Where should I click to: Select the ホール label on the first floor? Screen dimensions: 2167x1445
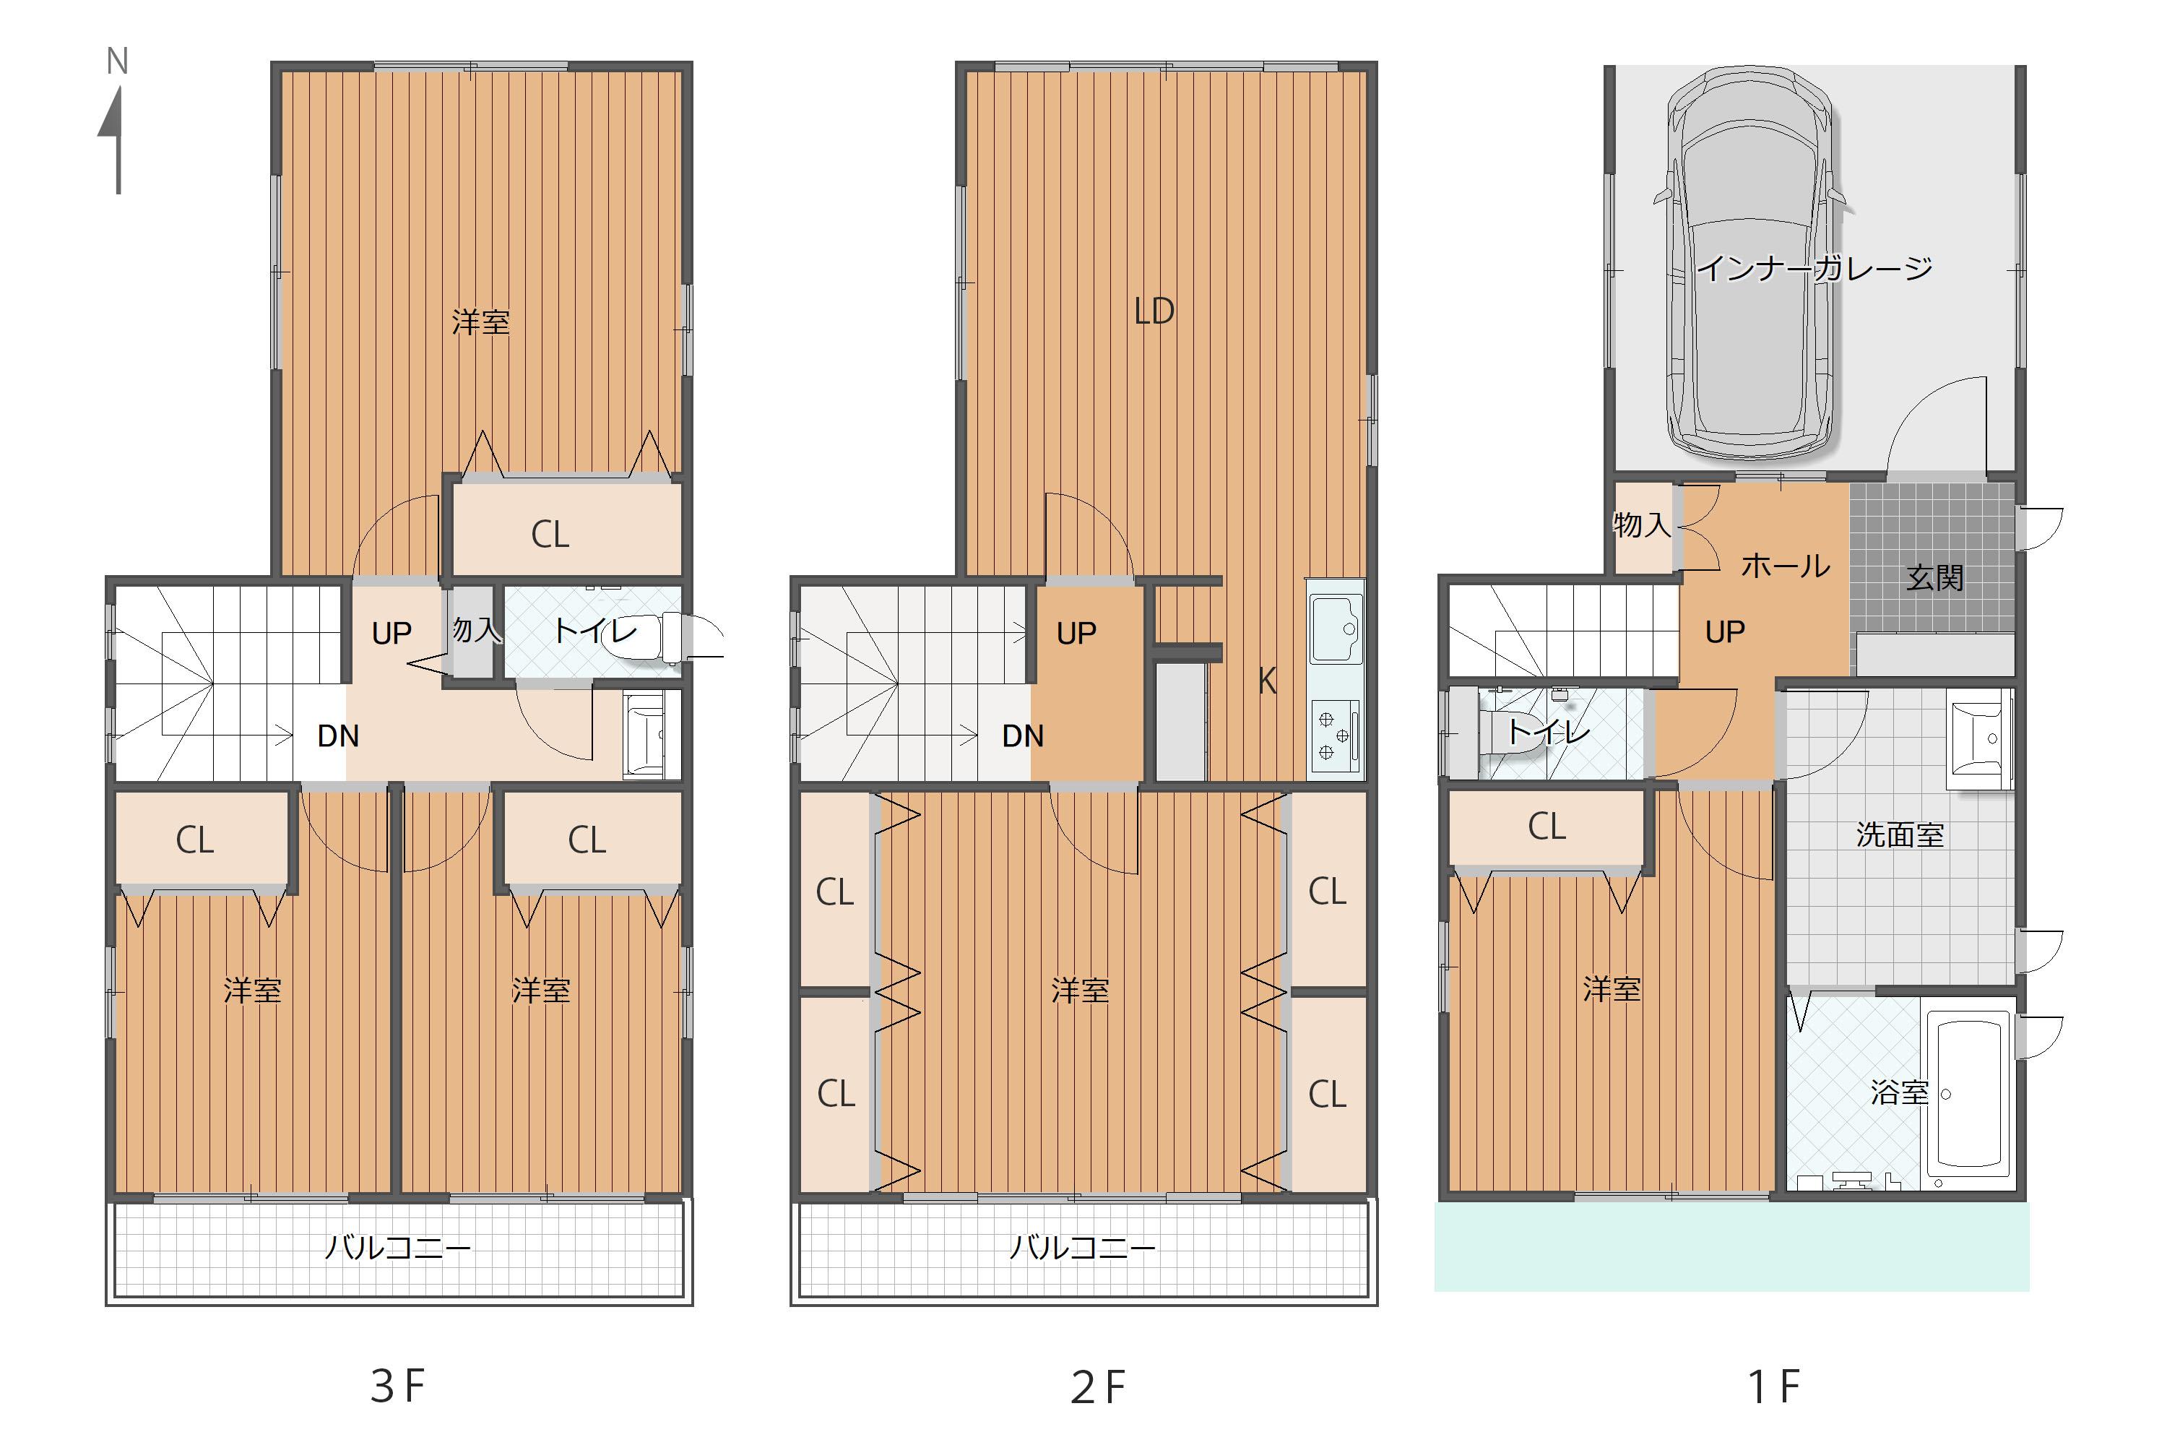tap(1785, 565)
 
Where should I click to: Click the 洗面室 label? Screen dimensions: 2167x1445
tap(1899, 835)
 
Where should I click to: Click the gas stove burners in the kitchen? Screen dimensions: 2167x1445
tap(1334, 736)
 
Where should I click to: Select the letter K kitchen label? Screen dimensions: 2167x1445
tap(1267, 682)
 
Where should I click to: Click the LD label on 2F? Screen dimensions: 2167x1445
tap(1154, 311)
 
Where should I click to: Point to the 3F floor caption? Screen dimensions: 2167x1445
tap(397, 1386)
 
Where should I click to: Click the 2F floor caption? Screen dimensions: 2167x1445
tap(1097, 1388)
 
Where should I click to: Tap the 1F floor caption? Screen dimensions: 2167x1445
tap(1773, 1386)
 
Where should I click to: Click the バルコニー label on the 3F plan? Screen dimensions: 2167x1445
tap(397, 1248)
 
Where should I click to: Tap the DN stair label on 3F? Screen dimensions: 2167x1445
tap(338, 736)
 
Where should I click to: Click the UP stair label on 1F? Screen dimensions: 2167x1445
tap(1725, 632)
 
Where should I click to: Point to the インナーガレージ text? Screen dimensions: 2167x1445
tap(1814, 268)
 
